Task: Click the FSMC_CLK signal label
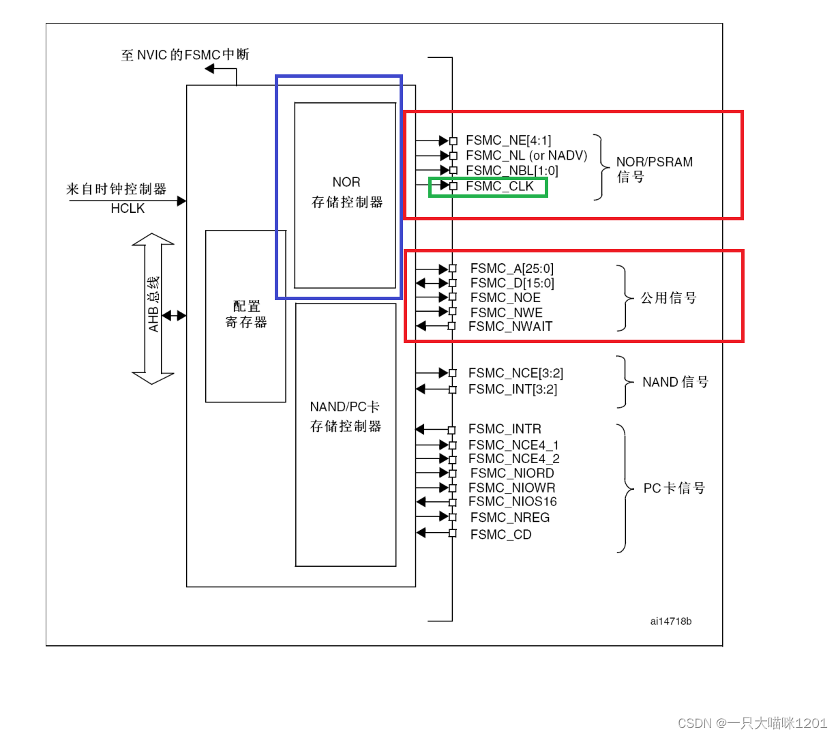(499, 186)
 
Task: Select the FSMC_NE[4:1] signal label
(508, 141)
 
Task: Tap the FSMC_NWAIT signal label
(510, 327)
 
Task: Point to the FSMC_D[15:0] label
(512, 283)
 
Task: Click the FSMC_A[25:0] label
(511, 269)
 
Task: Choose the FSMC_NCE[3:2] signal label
(515, 373)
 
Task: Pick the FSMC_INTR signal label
(505, 429)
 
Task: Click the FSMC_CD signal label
(500, 535)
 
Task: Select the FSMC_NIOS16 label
(512, 501)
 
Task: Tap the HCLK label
(128, 209)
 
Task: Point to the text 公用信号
(668, 298)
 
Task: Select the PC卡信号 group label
(674, 488)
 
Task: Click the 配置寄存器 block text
(246, 314)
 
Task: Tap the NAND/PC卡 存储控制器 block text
(345, 416)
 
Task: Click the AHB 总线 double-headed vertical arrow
(153, 309)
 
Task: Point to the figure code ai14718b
(670, 621)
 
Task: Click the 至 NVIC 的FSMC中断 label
(185, 55)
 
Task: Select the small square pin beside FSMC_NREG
(452, 518)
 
